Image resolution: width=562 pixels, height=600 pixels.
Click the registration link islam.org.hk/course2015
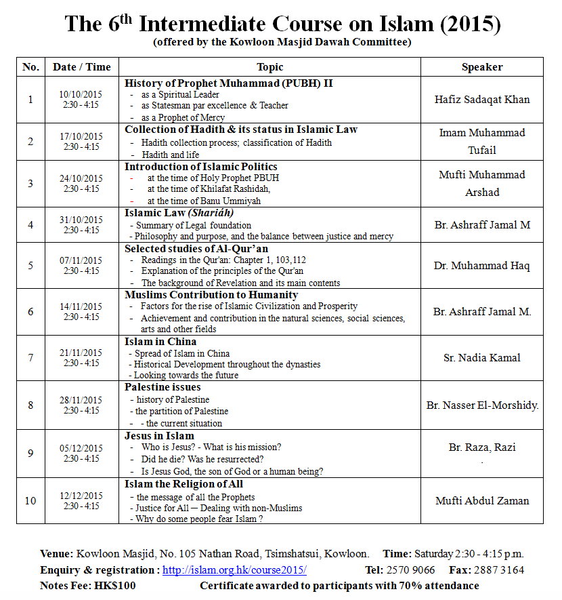pos(234,570)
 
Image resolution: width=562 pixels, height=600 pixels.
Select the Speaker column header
pos(481,67)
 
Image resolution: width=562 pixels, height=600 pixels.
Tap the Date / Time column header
pos(81,67)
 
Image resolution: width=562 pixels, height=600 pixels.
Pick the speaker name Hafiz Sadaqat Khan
pos(481,99)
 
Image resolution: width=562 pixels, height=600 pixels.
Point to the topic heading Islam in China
pos(160,341)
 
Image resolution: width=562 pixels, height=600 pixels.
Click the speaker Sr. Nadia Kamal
pos(481,358)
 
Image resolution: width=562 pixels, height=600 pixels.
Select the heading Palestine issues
pos(163,387)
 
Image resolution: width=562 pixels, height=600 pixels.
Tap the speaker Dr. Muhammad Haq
pos(481,265)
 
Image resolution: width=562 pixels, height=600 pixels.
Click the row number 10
pos(30,501)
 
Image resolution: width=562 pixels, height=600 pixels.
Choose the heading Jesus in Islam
pos(159,435)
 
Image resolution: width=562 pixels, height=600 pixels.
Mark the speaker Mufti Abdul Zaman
pos(481,501)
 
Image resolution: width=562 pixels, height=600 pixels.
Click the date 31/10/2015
pos(81,220)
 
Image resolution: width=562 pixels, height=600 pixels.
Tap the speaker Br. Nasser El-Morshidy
pos(482,405)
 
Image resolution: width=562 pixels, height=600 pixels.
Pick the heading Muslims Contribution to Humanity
pos(211,295)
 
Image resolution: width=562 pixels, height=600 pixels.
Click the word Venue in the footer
pos(56,554)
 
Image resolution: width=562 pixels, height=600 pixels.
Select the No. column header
pos(30,67)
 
